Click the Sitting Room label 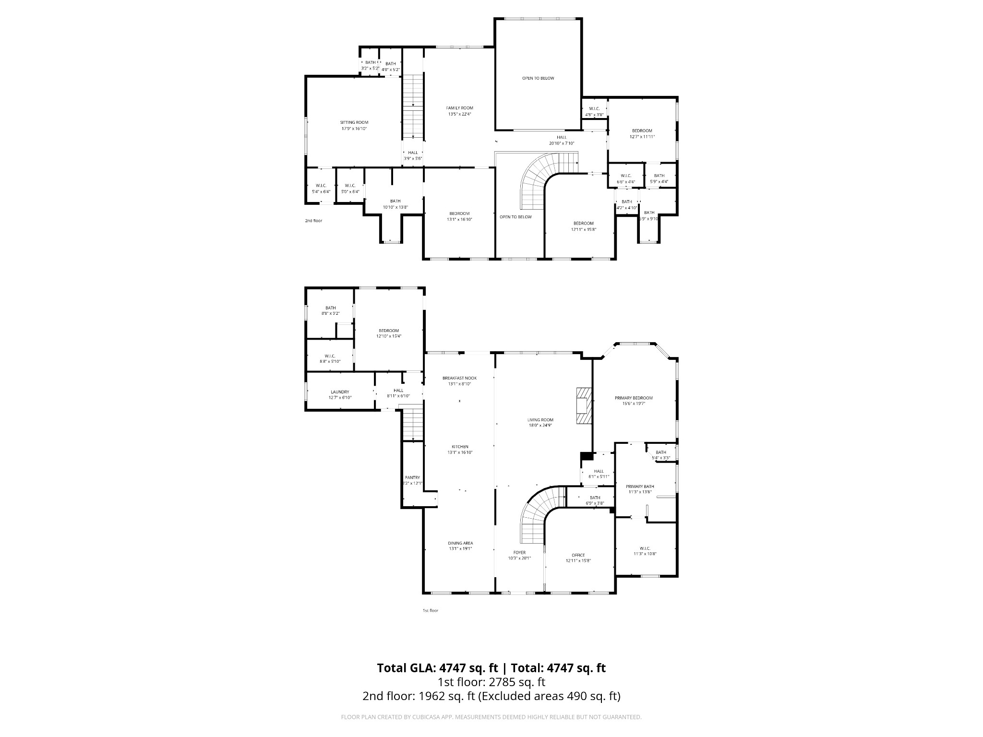click(354, 122)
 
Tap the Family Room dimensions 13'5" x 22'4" click(459, 114)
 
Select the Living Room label click(540, 420)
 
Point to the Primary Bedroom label click(634, 398)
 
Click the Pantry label click(412, 477)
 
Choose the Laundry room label click(340, 392)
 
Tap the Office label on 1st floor click(578, 555)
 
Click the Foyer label click(519, 553)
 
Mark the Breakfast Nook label click(459, 378)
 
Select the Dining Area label click(461, 543)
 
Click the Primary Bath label click(640, 487)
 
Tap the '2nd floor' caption click(313, 221)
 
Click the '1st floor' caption click(430, 610)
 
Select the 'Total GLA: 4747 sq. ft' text click(437, 668)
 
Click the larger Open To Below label click(538, 78)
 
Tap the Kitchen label click(460, 447)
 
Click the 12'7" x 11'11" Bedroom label click(642, 131)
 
